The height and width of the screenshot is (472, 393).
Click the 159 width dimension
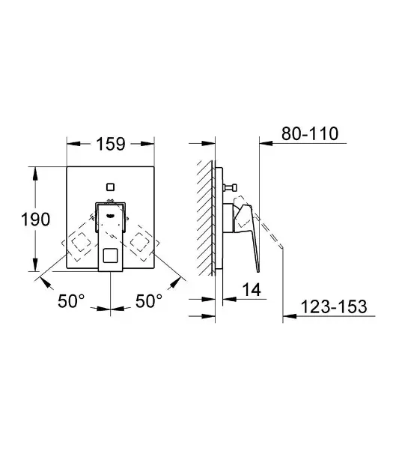(x=110, y=144)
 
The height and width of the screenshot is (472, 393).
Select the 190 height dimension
(x=35, y=219)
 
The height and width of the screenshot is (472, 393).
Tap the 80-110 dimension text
(x=310, y=133)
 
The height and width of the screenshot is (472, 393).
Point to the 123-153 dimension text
(x=334, y=306)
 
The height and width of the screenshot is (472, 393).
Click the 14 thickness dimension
(x=252, y=290)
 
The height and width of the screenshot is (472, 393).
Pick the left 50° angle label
(x=71, y=300)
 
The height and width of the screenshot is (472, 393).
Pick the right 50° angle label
(x=149, y=300)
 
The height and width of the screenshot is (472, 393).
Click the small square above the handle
(x=110, y=187)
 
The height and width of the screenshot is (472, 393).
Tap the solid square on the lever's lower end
(x=110, y=255)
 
